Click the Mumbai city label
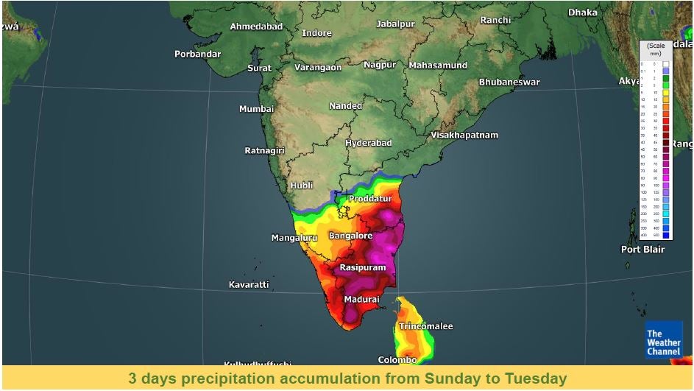click(x=256, y=109)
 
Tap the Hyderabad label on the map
click(x=369, y=143)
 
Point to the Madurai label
click(x=361, y=300)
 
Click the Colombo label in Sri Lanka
click(x=397, y=360)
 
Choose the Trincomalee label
click(x=425, y=326)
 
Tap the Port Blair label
click(x=642, y=250)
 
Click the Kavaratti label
click(x=249, y=284)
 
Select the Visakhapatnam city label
click(x=464, y=135)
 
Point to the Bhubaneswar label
click(x=509, y=82)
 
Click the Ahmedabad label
click(x=256, y=27)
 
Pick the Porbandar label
click(x=198, y=54)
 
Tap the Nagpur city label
click(x=380, y=65)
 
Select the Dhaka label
click(x=582, y=13)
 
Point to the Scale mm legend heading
click(x=655, y=49)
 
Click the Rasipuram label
click(x=361, y=268)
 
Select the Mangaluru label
click(x=294, y=238)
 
